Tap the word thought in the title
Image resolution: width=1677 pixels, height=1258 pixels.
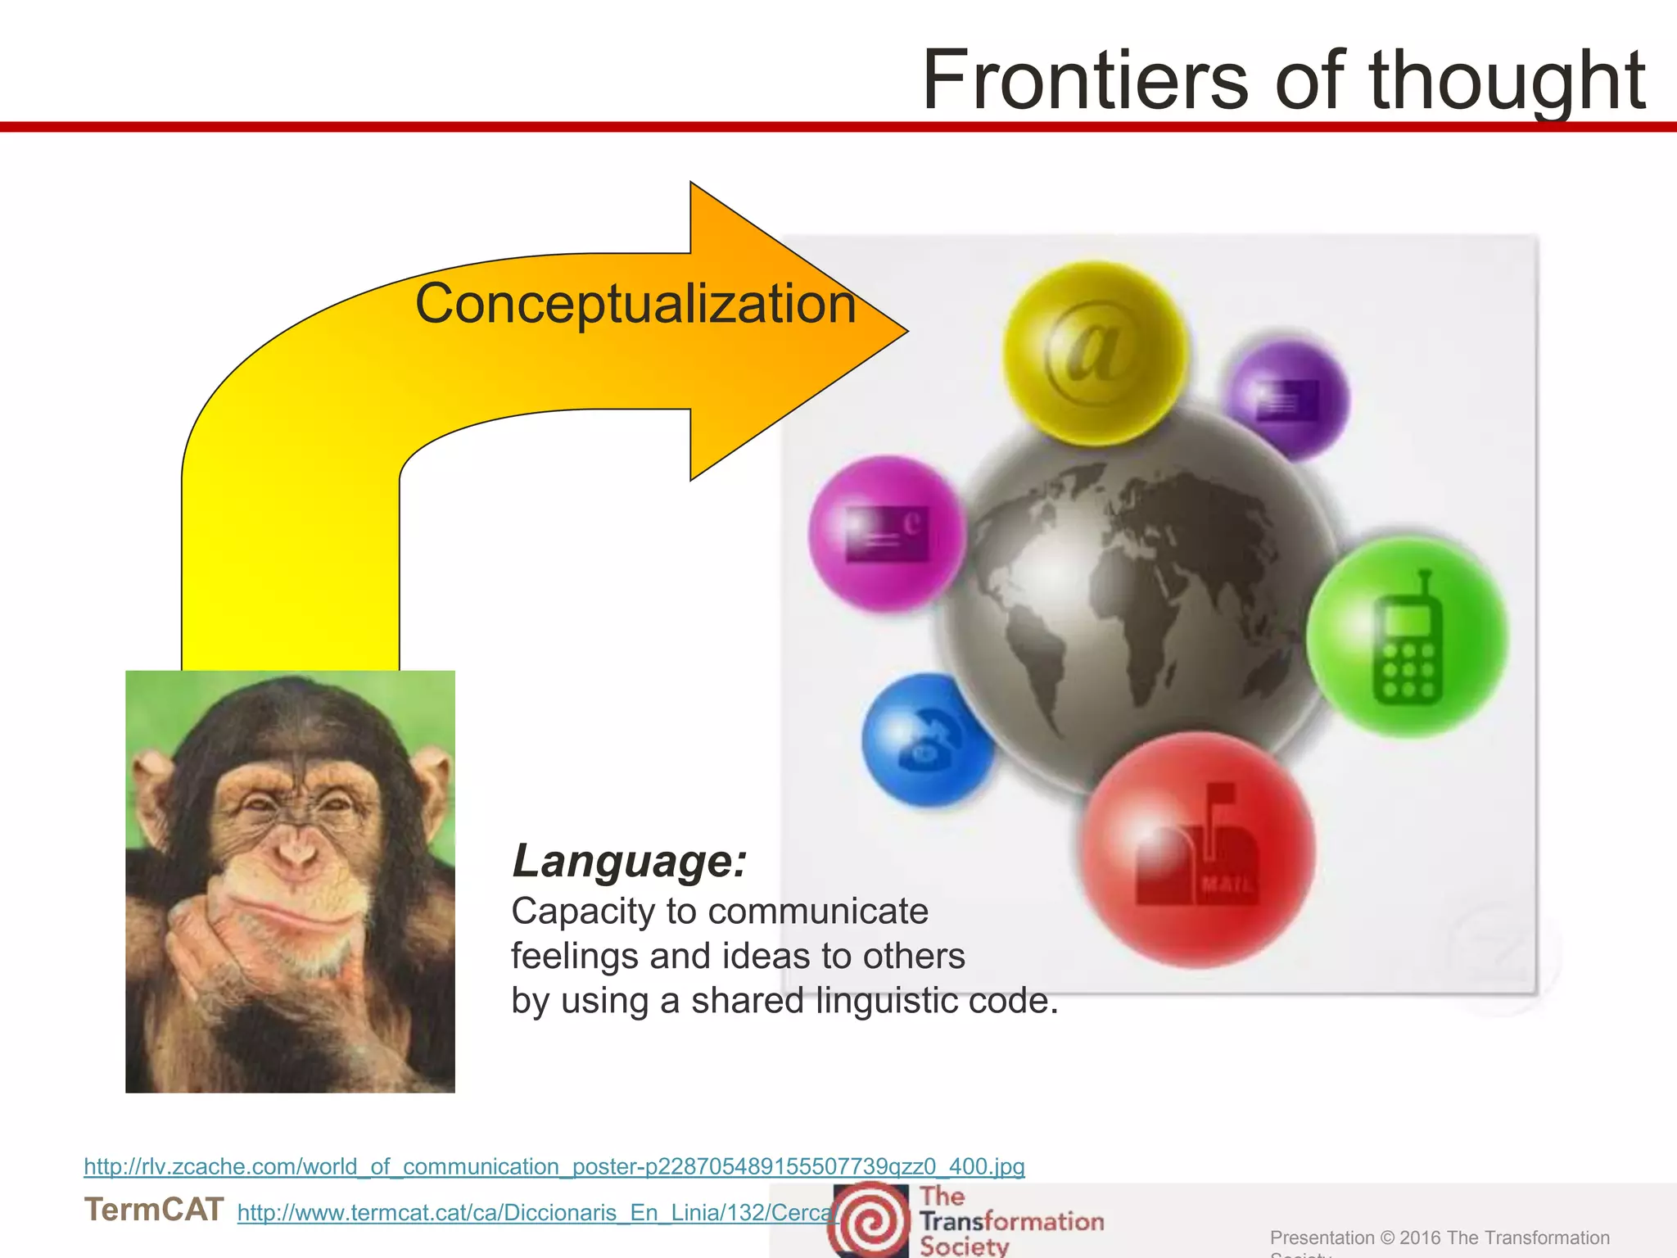[x=1507, y=82]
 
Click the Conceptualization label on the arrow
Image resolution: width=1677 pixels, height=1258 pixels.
[x=635, y=304]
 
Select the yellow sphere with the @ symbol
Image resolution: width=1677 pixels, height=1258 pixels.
[x=1095, y=353]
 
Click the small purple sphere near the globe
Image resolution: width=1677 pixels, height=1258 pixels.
[x=1287, y=400]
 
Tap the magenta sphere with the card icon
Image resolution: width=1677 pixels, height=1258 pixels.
[x=887, y=534]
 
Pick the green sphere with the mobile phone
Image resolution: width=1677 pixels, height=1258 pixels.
[x=1406, y=637]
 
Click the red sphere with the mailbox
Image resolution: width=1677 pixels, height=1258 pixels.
[x=1196, y=849]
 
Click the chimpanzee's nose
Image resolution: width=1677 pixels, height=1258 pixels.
[x=295, y=856]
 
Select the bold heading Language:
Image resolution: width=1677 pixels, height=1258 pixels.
[x=629, y=862]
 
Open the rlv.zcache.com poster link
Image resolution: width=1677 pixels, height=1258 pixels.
[x=554, y=1166]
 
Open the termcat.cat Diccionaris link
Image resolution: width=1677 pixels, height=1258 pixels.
[x=536, y=1213]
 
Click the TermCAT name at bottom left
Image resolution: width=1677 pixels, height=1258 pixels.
[x=154, y=1210]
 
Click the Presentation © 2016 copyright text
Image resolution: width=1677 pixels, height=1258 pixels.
[x=1439, y=1238]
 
